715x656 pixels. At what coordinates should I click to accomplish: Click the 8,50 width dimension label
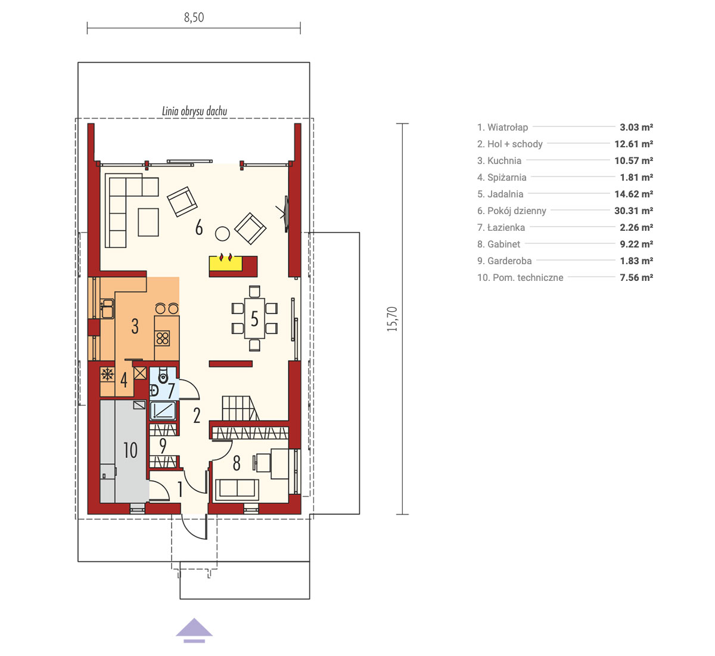click(x=194, y=17)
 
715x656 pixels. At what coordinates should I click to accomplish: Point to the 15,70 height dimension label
click(x=391, y=318)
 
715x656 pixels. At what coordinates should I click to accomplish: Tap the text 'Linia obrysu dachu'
click(x=195, y=112)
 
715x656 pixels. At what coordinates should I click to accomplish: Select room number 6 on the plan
click(x=199, y=227)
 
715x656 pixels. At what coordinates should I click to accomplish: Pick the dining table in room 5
click(x=254, y=318)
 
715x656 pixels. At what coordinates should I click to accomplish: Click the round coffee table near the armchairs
click(x=222, y=234)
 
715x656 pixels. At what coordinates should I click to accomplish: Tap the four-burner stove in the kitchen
click(x=163, y=338)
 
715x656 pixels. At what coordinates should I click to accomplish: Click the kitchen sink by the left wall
click(x=107, y=309)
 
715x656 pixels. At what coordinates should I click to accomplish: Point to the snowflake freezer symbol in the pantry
click(x=107, y=375)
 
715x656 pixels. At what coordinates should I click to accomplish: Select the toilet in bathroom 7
click(x=163, y=375)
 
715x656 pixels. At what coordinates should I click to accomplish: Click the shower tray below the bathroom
click(x=163, y=410)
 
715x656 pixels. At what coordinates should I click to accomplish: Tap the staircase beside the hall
click(x=241, y=409)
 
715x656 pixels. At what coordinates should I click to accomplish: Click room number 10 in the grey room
click(x=130, y=450)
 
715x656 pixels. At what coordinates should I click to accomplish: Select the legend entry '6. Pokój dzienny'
click(x=511, y=211)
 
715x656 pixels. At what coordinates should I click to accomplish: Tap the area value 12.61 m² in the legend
click(x=633, y=144)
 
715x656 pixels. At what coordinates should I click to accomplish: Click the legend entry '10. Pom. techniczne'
click(x=520, y=278)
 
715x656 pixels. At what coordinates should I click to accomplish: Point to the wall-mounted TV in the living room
click(x=285, y=214)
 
